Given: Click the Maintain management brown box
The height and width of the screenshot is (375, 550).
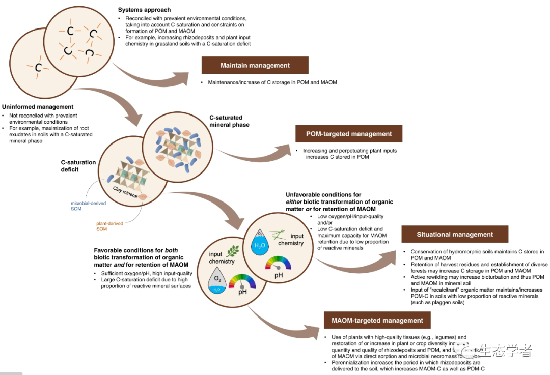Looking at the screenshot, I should (255, 66).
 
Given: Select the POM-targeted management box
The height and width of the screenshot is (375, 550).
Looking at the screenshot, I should (349, 134).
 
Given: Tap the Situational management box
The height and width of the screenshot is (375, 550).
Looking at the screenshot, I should (455, 235).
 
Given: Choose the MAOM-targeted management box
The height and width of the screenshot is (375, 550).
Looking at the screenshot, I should (377, 321).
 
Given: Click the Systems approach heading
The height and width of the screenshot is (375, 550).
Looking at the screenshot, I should (144, 10).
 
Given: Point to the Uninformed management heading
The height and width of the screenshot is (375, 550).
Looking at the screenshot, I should (38, 107).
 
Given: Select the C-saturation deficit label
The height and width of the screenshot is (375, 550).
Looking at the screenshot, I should (78, 166).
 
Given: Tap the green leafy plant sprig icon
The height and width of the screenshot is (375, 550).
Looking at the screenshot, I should (233, 251).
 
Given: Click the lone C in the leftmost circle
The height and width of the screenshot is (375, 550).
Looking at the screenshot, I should (38, 67).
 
